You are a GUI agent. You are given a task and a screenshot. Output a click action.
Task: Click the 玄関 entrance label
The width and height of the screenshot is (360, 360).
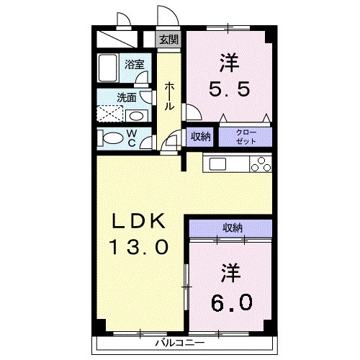point(169,40)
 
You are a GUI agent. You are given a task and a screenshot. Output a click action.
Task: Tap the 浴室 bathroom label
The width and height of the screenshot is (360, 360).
point(134,64)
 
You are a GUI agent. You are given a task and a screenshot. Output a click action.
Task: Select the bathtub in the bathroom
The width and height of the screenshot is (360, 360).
point(108,68)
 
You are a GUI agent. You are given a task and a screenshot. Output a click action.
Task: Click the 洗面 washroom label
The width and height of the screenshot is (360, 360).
point(127,98)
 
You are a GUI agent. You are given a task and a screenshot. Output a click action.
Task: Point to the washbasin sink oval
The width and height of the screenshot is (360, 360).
point(136,116)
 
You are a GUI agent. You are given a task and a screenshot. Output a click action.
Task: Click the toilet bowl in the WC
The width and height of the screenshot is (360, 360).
point(112,138)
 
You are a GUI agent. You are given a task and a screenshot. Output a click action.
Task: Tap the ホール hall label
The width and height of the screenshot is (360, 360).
point(169,96)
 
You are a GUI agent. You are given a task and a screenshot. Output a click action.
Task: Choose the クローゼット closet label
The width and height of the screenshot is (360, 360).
point(246,137)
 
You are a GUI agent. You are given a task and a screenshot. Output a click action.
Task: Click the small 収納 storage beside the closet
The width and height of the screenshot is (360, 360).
point(200,137)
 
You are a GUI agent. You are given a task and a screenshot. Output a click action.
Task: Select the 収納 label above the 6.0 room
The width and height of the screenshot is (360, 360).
point(232,228)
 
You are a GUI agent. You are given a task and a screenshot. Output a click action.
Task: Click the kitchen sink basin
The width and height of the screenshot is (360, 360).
point(217,164)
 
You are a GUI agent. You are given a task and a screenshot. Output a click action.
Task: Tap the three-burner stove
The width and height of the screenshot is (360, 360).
point(261,164)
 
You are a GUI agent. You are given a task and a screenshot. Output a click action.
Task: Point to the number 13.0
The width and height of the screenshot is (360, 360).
point(139,248)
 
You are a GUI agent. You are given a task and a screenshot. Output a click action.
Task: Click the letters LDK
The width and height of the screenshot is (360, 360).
point(139,221)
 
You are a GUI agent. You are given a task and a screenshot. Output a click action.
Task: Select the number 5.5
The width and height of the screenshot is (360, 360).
point(230,89)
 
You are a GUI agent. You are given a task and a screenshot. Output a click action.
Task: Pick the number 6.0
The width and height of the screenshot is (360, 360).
point(232,302)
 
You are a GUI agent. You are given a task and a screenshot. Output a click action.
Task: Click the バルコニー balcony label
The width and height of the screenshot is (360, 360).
point(180,343)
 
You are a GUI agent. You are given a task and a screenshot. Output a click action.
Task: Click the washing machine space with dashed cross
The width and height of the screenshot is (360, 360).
point(109,114)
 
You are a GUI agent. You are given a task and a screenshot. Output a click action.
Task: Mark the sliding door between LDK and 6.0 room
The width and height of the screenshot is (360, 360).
point(186,287)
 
